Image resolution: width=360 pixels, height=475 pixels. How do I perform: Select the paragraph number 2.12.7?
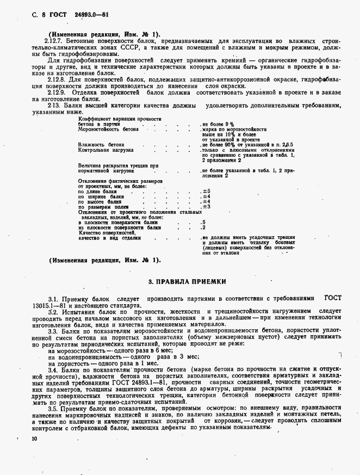(x=54, y=41)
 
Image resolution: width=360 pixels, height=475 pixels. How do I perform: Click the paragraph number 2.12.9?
(x=54, y=92)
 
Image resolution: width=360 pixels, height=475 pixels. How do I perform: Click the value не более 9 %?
(x=218, y=124)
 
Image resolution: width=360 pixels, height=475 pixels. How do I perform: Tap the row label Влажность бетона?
(x=101, y=145)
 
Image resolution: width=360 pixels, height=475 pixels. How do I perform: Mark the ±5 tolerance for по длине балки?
(x=206, y=191)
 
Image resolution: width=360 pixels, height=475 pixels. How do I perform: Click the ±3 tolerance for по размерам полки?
(x=206, y=207)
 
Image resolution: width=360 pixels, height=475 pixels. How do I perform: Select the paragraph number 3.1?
(x=53, y=299)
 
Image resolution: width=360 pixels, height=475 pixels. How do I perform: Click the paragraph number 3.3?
(x=53, y=331)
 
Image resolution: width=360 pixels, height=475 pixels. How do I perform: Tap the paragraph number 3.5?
(x=53, y=408)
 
